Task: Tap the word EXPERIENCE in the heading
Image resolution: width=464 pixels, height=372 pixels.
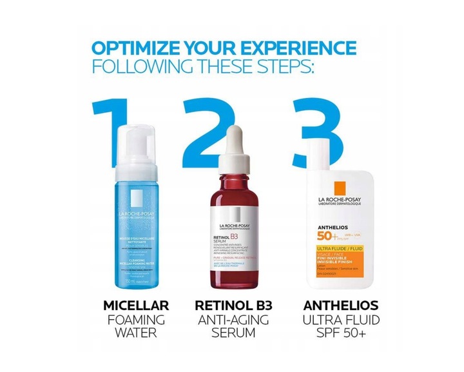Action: point(304,48)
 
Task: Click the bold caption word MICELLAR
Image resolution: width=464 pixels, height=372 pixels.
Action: point(136,306)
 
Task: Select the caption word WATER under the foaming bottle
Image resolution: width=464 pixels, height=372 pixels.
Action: point(136,334)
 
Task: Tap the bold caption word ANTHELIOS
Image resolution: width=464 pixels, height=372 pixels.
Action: point(333,306)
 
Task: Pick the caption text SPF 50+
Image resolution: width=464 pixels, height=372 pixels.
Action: point(333,334)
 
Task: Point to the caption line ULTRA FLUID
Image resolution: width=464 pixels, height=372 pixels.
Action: point(333,320)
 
